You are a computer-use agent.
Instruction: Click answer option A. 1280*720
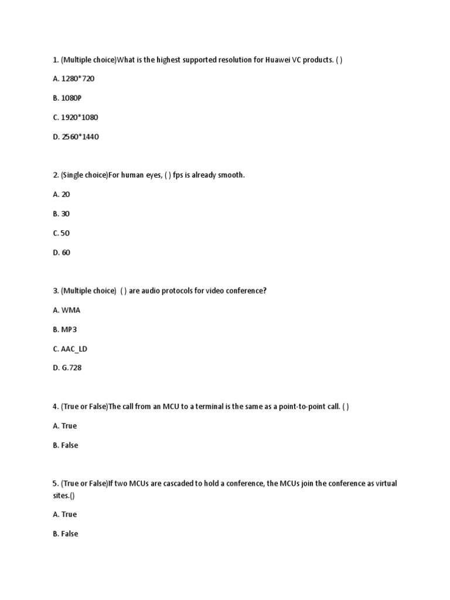point(73,79)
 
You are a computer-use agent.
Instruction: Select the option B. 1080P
point(67,98)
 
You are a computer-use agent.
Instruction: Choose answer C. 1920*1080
point(75,117)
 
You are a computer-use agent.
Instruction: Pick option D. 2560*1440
point(76,137)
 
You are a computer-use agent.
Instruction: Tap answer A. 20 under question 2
point(61,194)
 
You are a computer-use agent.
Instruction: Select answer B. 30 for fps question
point(61,214)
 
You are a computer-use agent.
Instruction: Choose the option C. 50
point(61,233)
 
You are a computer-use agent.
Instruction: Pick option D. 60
point(62,253)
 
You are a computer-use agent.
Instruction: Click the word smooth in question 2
point(230,175)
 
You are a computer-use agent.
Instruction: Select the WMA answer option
point(66,310)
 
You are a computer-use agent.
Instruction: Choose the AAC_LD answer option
point(70,349)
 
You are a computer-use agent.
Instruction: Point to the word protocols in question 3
point(180,291)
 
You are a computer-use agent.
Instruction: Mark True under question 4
point(64,426)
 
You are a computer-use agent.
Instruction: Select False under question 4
point(65,445)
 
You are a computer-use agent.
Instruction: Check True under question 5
point(64,514)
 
